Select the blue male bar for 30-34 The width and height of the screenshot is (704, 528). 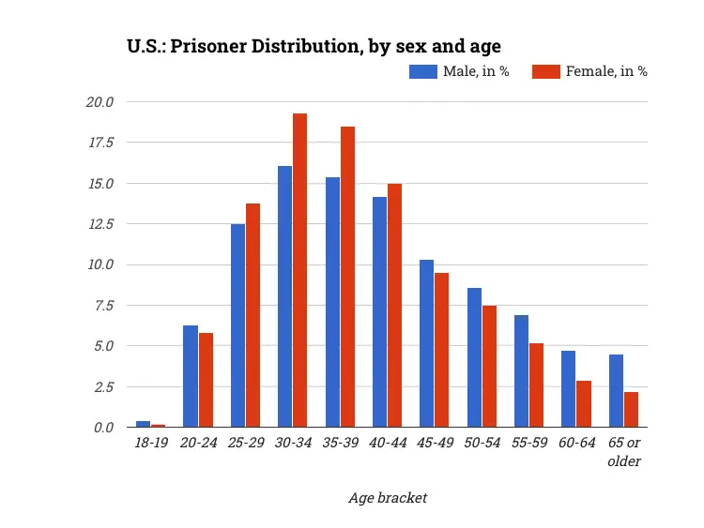284,296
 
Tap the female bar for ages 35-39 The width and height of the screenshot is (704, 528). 347,277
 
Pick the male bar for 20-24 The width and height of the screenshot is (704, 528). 190,376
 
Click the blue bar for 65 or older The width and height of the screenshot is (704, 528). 616,390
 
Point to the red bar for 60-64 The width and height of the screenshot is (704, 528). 584,403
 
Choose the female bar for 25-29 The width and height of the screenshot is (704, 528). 253,315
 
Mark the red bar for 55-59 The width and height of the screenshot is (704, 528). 537,385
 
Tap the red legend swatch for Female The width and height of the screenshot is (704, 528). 545,71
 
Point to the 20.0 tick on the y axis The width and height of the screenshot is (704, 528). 100,101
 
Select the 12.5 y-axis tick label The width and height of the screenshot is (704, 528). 100,223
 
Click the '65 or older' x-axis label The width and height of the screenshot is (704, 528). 624,452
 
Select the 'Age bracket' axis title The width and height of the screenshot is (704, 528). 388,498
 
